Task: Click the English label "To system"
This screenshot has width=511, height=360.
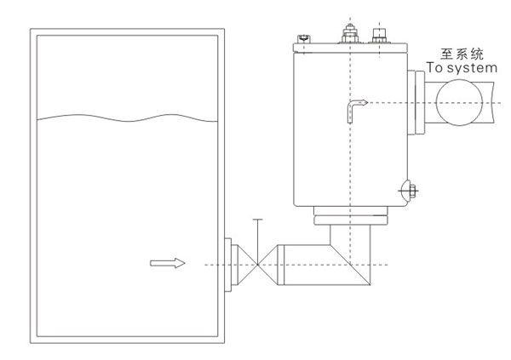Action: (x=462, y=68)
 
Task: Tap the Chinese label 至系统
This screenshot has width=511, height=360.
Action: (x=462, y=54)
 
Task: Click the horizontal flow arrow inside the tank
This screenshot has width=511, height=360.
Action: (x=168, y=263)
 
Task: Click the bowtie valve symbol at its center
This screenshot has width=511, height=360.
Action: (x=257, y=265)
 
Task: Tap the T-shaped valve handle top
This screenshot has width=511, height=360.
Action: (x=257, y=220)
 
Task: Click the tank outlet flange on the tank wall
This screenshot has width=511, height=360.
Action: (x=228, y=265)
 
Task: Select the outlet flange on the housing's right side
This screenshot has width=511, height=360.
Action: (x=416, y=103)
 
